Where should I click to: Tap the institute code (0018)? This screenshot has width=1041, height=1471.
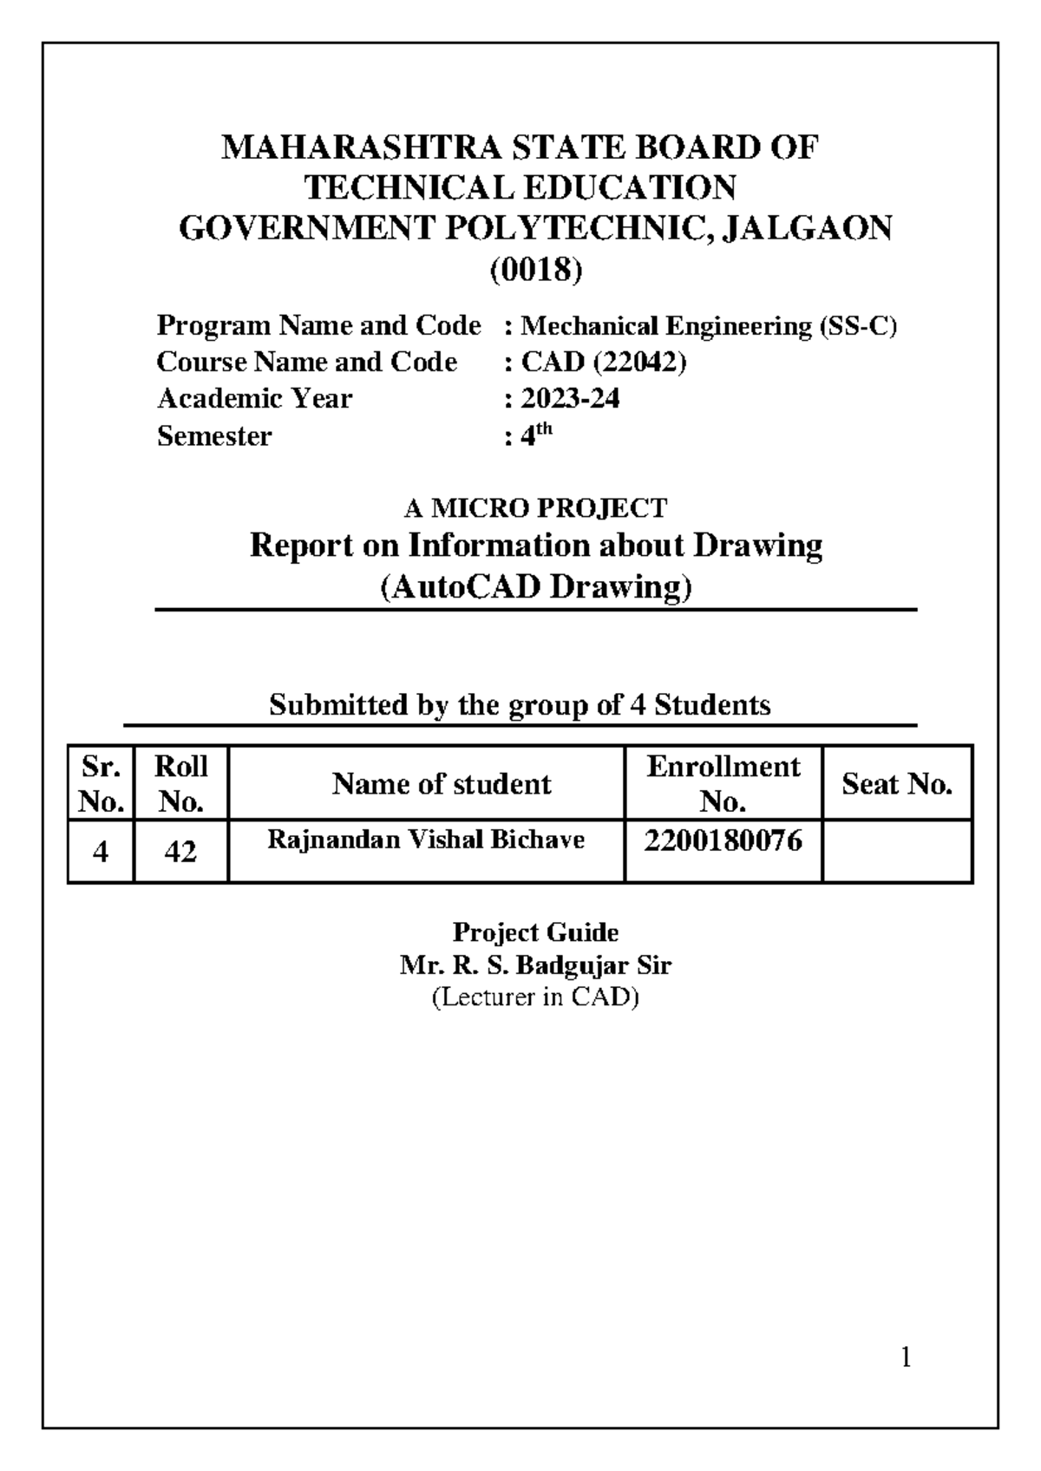535,271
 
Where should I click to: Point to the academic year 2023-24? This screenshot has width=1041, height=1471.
570,398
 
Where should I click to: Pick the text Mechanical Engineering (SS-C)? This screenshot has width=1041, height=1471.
709,326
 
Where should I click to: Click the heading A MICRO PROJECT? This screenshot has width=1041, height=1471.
536,507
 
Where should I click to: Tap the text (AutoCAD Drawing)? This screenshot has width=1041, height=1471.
536,587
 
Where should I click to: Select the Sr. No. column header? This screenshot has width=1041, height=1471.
101,783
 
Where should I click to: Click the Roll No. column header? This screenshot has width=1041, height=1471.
180,783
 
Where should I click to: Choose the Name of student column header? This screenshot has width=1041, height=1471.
442,784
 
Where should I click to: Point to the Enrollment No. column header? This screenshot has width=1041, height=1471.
723,783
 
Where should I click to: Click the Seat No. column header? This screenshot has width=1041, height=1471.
897,784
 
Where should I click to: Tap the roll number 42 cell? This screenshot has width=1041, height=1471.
180,852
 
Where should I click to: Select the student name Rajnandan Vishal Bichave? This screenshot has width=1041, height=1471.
425,840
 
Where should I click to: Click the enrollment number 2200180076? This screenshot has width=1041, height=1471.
723,840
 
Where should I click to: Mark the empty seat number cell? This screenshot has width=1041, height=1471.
897,851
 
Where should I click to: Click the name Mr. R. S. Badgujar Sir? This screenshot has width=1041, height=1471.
535,965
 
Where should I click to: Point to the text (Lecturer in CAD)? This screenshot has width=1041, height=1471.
535,997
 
